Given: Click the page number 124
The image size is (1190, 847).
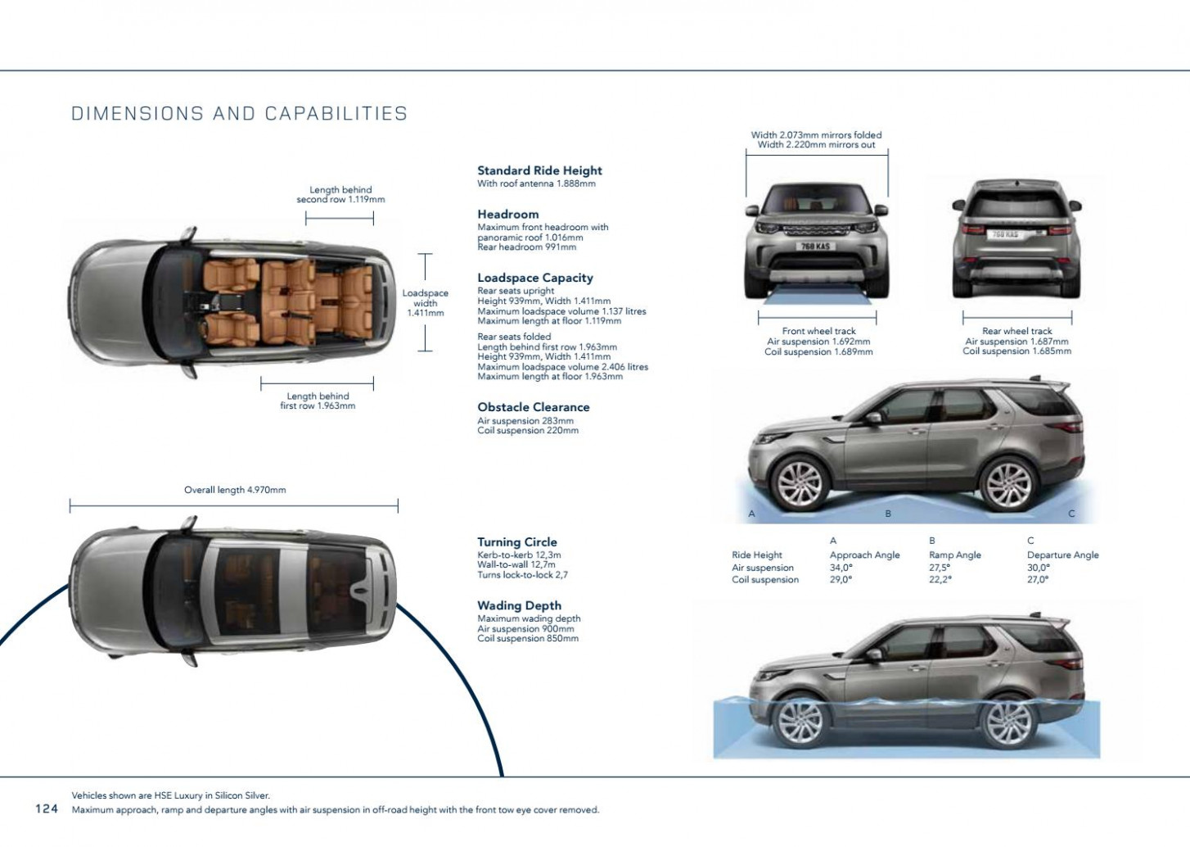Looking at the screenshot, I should coord(47,808).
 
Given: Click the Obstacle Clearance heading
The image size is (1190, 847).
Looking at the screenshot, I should coord(533,407).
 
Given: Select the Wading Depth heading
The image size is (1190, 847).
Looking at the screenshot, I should coord(519,605).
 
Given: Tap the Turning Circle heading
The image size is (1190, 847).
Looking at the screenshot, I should coord(516,541).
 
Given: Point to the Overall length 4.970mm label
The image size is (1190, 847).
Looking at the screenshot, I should coord(235,490).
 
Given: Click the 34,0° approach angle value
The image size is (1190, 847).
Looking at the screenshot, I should coord(841,567).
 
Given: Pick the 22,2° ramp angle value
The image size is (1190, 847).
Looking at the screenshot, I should coord(940,579).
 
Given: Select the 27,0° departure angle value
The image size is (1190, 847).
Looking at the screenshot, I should coord(1038,579).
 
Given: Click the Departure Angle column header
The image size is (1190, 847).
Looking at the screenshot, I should coord(1062,555).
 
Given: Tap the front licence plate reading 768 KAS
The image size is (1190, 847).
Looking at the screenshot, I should coord(816,246).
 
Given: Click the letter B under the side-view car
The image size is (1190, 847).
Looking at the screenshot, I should coord(888,514).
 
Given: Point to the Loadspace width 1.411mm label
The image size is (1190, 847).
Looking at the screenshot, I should coord(425,303).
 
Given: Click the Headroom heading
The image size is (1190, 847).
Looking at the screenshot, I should coord(507,214).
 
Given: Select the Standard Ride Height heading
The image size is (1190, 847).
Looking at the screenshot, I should coord(539,170).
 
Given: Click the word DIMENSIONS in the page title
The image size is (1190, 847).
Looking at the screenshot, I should coord(137,114).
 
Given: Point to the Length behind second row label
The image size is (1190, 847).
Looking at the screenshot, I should coord(340,194).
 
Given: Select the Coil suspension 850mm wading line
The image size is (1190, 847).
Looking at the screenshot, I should coord(527,639).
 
